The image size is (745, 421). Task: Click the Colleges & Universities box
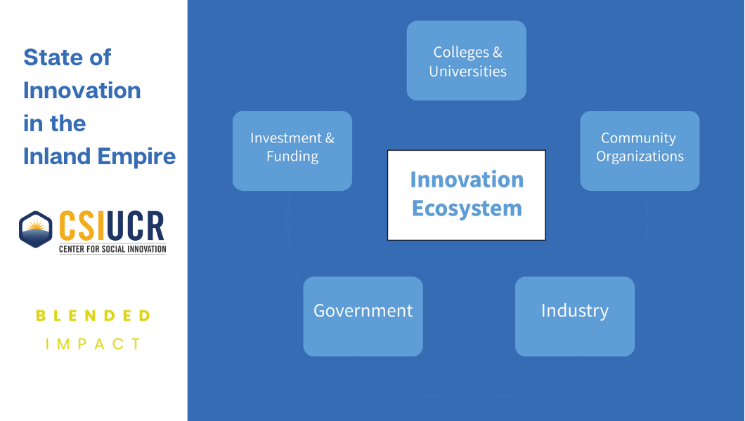coord(466,60)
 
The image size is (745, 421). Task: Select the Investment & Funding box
coord(292,151)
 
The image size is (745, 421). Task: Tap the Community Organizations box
coord(640,151)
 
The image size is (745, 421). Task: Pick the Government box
coord(363,316)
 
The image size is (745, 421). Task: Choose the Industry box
coord(575,316)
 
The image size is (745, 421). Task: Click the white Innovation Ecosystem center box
coord(467,195)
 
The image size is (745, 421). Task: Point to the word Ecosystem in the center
coord(467,209)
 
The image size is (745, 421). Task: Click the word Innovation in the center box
coord(467,180)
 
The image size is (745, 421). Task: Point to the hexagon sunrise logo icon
coord(36,229)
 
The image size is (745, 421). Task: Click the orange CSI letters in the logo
coord(82,226)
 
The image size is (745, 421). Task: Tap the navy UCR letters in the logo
coord(136,226)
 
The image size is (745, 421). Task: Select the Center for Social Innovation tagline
coord(112,249)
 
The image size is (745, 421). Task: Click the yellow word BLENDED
coord(93,316)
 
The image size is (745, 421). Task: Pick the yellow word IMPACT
coord(93,344)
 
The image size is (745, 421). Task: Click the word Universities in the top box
coord(467,72)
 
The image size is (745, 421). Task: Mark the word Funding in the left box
coord(292,157)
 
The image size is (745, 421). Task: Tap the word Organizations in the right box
coord(640,157)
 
